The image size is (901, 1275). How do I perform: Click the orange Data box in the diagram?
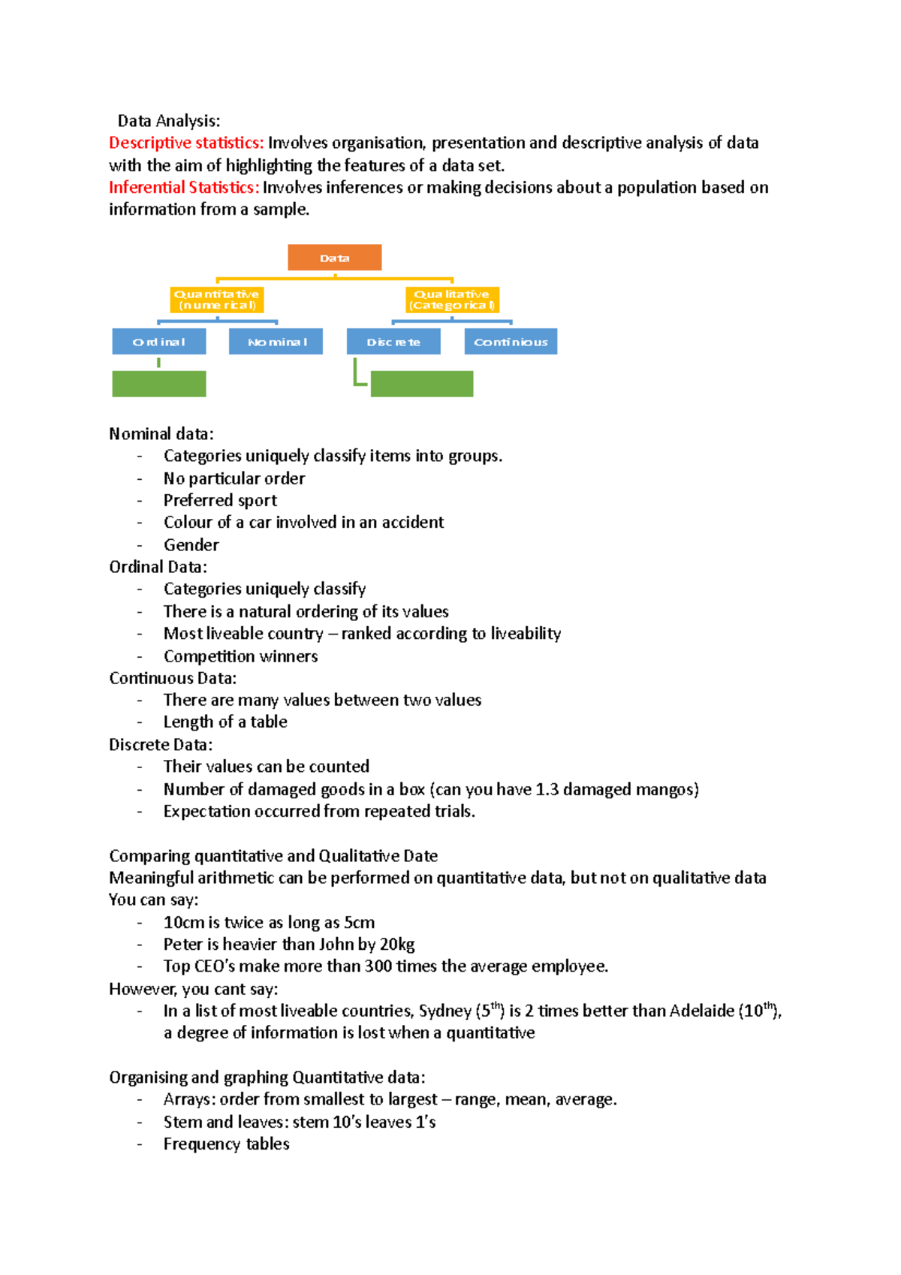(x=334, y=258)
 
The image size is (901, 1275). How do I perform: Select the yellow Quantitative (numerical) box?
(x=216, y=300)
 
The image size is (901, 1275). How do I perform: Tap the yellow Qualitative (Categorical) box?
(x=452, y=300)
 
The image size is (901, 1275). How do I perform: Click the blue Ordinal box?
(x=158, y=342)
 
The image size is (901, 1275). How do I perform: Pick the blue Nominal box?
(x=276, y=342)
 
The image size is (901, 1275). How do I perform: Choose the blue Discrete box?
(x=393, y=342)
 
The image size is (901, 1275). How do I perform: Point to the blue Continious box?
(x=511, y=342)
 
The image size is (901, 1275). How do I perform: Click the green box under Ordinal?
(x=158, y=384)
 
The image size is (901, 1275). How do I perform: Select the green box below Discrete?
(x=421, y=384)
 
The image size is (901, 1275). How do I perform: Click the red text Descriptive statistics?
(x=186, y=143)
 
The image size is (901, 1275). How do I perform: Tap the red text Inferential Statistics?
(x=184, y=187)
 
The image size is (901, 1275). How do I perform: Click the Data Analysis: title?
(x=169, y=121)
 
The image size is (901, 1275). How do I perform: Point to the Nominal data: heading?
(x=161, y=434)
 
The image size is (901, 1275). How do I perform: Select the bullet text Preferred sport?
(x=220, y=500)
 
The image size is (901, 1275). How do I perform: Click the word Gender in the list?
(x=191, y=545)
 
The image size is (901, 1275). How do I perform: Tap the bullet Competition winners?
(x=240, y=656)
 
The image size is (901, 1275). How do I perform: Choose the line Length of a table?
(x=225, y=722)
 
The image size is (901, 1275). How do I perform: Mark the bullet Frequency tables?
(x=226, y=1144)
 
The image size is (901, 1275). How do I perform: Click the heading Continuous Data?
(x=173, y=678)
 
